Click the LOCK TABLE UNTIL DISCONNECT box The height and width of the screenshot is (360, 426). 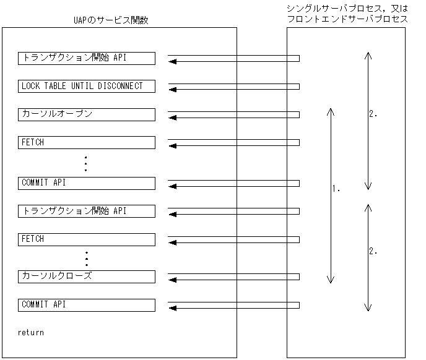pyautogui.click(x=86, y=86)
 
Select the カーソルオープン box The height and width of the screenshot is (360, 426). pyautogui.click(x=86, y=114)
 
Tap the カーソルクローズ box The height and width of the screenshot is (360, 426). pyautogui.click(x=86, y=276)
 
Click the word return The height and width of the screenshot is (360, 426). pyautogui.click(x=31, y=333)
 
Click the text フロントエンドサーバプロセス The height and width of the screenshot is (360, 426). pyautogui.click(x=347, y=19)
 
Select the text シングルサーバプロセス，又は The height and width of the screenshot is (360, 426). pyautogui.click(x=347, y=9)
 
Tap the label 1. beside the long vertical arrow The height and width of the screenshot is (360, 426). pyautogui.click(x=337, y=188)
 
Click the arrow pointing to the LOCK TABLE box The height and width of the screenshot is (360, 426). pyautogui.click(x=233, y=87)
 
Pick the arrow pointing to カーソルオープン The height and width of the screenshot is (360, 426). pyautogui.click(x=233, y=116)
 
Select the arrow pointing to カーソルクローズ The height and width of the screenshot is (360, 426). pyautogui.click(x=233, y=276)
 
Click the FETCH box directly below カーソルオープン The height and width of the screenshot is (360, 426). pyautogui.click(x=86, y=143)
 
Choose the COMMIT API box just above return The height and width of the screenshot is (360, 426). pyautogui.click(x=86, y=305)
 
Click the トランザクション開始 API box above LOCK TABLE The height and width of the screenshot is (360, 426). pyautogui.click(x=86, y=58)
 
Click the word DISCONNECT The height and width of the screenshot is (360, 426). pyautogui.click(x=120, y=86)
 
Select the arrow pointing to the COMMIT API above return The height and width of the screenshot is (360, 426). pyautogui.click(x=233, y=306)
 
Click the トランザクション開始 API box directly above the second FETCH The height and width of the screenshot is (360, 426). pyautogui.click(x=86, y=211)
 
